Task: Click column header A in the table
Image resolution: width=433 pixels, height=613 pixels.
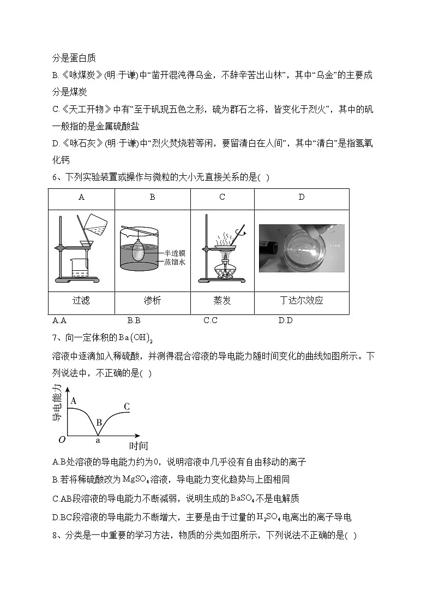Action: pyautogui.click(x=81, y=198)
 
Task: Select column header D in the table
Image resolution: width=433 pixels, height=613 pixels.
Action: pyautogui.click(x=301, y=198)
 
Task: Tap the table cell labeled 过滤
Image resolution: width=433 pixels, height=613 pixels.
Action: pyautogui.click(x=81, y=300)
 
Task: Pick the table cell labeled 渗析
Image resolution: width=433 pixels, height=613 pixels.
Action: pyautogui.click(x=152, y=300)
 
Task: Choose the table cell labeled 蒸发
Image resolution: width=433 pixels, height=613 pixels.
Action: pyautogui.click(x=222, y=300)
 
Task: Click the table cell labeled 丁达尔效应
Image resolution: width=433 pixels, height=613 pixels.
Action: pyautogui.click(x=301, y=300)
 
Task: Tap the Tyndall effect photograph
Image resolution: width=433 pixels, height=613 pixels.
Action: pyautogui.click(x=301, y=248)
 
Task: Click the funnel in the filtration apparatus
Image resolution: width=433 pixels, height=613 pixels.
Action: pyautogui.click(x=86, y=244)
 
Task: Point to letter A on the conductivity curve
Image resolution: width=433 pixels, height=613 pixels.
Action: pyautogui.click(x=73, y=401)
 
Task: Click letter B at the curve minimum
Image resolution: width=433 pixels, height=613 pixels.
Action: pyautogui.click(x=99, y=422)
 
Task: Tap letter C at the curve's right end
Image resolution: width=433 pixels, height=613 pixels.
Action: pyautogui.click(x=127, y=406)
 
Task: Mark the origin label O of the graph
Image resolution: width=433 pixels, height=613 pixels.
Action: pyautogui.click(x=62, y=440)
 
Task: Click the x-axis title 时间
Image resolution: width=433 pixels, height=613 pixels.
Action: pyautogui.click(x=139, y=446)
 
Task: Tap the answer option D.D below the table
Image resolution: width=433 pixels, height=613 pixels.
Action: pyautogui.click(x=285, y=320)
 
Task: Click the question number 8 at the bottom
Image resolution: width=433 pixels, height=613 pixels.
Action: pyautogui.click(x=56, y=535)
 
